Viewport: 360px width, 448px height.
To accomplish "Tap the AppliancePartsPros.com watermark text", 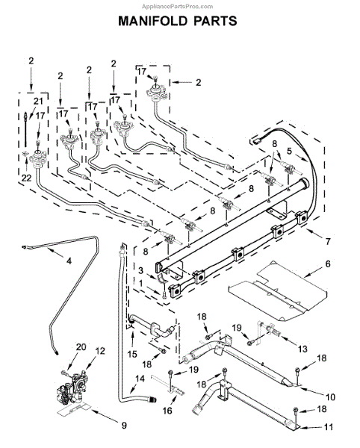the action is pos(178,6).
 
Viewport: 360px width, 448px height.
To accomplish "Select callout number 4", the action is pos(69,261).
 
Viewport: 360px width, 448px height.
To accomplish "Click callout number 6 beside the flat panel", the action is pos(328,264).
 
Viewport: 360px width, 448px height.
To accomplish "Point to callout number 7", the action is pos(328,241).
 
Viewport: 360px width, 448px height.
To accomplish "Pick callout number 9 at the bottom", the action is pos(124,426).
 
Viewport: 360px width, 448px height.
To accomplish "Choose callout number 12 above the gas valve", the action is pos(100,351).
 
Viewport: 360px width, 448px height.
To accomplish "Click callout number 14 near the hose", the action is pos(140,379).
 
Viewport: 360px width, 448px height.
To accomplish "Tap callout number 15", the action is pos(132,354).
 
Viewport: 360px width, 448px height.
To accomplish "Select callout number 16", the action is pos(167,411).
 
